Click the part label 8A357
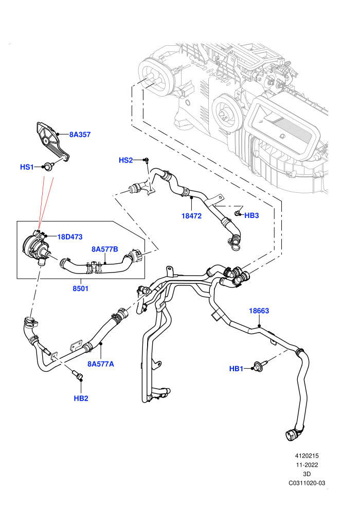point(80,134)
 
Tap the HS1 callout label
point(27,167)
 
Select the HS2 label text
point(125,160)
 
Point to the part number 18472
point(191,216)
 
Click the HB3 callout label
point(251,215)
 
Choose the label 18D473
point(70,237)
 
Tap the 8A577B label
point(104,249)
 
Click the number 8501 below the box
point(81,288)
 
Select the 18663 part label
point(259,311)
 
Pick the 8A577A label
point(101,364)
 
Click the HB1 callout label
point(237,369)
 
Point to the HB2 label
point(81,398)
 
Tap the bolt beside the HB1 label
point(259,367)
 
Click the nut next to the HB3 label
point(238,213)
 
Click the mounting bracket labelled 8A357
point(52,142)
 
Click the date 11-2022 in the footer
point(307,465)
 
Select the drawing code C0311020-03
point(307,483)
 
